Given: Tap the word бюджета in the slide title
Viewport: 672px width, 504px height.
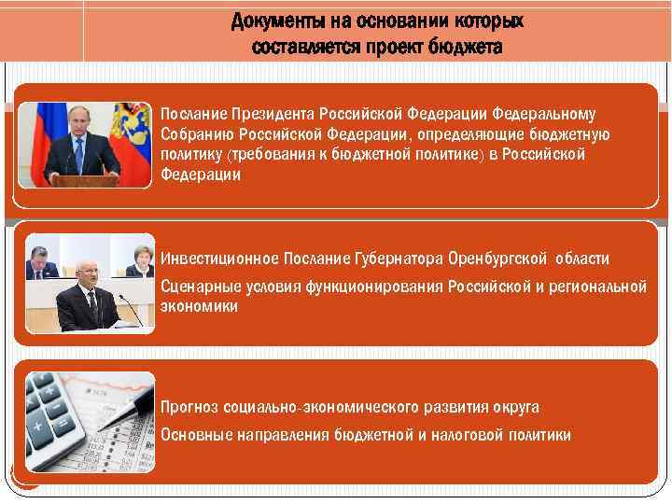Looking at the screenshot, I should point(467,47).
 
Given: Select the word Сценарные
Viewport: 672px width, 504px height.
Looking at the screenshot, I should point(198,286).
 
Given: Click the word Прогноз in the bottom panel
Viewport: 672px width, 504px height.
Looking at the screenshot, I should point(190,407).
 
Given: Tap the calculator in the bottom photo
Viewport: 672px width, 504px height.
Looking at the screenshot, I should point(51,415).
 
